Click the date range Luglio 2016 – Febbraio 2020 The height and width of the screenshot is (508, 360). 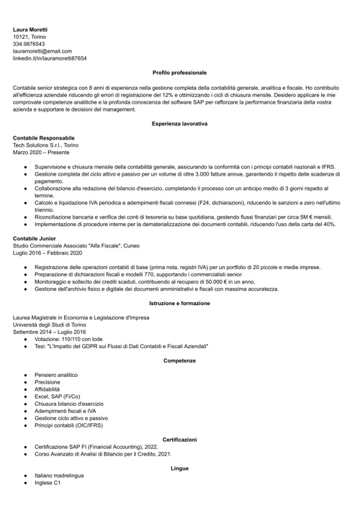coord(48,253)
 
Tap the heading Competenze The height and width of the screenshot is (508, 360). coord(179,360)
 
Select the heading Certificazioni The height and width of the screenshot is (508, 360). coord(179,439)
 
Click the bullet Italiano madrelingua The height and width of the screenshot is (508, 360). coord(59,476)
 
